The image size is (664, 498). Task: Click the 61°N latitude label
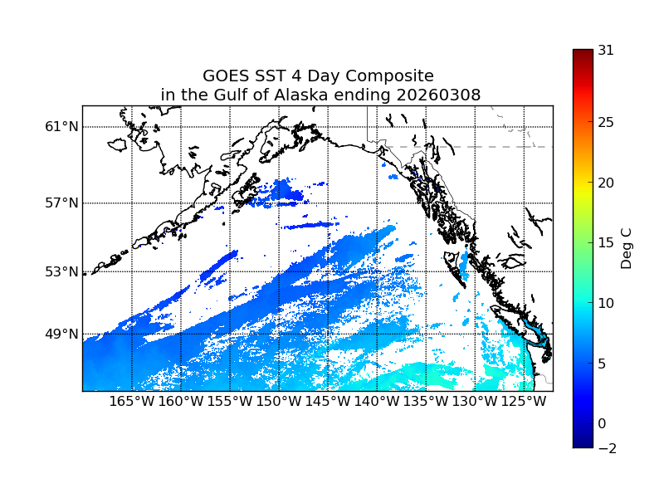tap(61, 127)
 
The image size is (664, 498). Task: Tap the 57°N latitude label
tap(61, 203)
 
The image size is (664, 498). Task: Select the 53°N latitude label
tap(61, 271)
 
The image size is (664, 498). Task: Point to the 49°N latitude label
tap(61, 334)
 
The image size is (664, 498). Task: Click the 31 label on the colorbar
tap(606, 50)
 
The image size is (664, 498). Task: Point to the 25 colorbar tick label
tap(606, 123)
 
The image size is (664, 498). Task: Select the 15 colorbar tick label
tap(606, 243)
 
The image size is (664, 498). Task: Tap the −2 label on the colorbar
tap(606, 448)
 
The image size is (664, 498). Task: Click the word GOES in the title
tap(226, 76)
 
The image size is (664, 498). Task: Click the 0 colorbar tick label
tap(603, 423)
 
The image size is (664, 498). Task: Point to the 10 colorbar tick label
tap(606, 303)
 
